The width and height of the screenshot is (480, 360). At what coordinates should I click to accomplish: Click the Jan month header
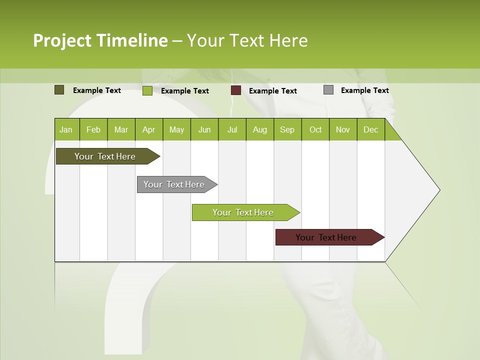(x=66, y=129)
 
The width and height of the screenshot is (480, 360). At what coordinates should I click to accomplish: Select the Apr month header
(x=148, y=129)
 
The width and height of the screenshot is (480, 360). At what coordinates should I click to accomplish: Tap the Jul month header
(x=232, y=129)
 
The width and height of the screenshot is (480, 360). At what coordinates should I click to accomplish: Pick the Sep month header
(x=287, y=129)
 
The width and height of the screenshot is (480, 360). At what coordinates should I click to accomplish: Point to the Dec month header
(x=370, y=129)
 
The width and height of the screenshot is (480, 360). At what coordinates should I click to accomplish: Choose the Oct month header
(x=315, y=129)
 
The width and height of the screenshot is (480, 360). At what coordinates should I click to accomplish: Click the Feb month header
(x=93, y=129)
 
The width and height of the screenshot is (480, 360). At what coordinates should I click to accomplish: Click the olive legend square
(x=59, y=90)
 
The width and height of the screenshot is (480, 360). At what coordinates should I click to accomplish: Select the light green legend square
(x=147, y=90)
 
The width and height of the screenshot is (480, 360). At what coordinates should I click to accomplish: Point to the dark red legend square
(x=236, y=90)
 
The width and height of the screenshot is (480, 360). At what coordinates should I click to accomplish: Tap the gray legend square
(x=328, y=90)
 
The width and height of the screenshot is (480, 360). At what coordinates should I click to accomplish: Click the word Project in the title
(x=62, y=40)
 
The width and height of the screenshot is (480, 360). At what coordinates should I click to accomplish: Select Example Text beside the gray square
(x=364, y=90)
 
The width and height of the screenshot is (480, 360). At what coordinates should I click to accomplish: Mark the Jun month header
(x=204, y=129)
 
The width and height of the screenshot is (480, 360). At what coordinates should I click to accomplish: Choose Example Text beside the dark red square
(x=272, y=90)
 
